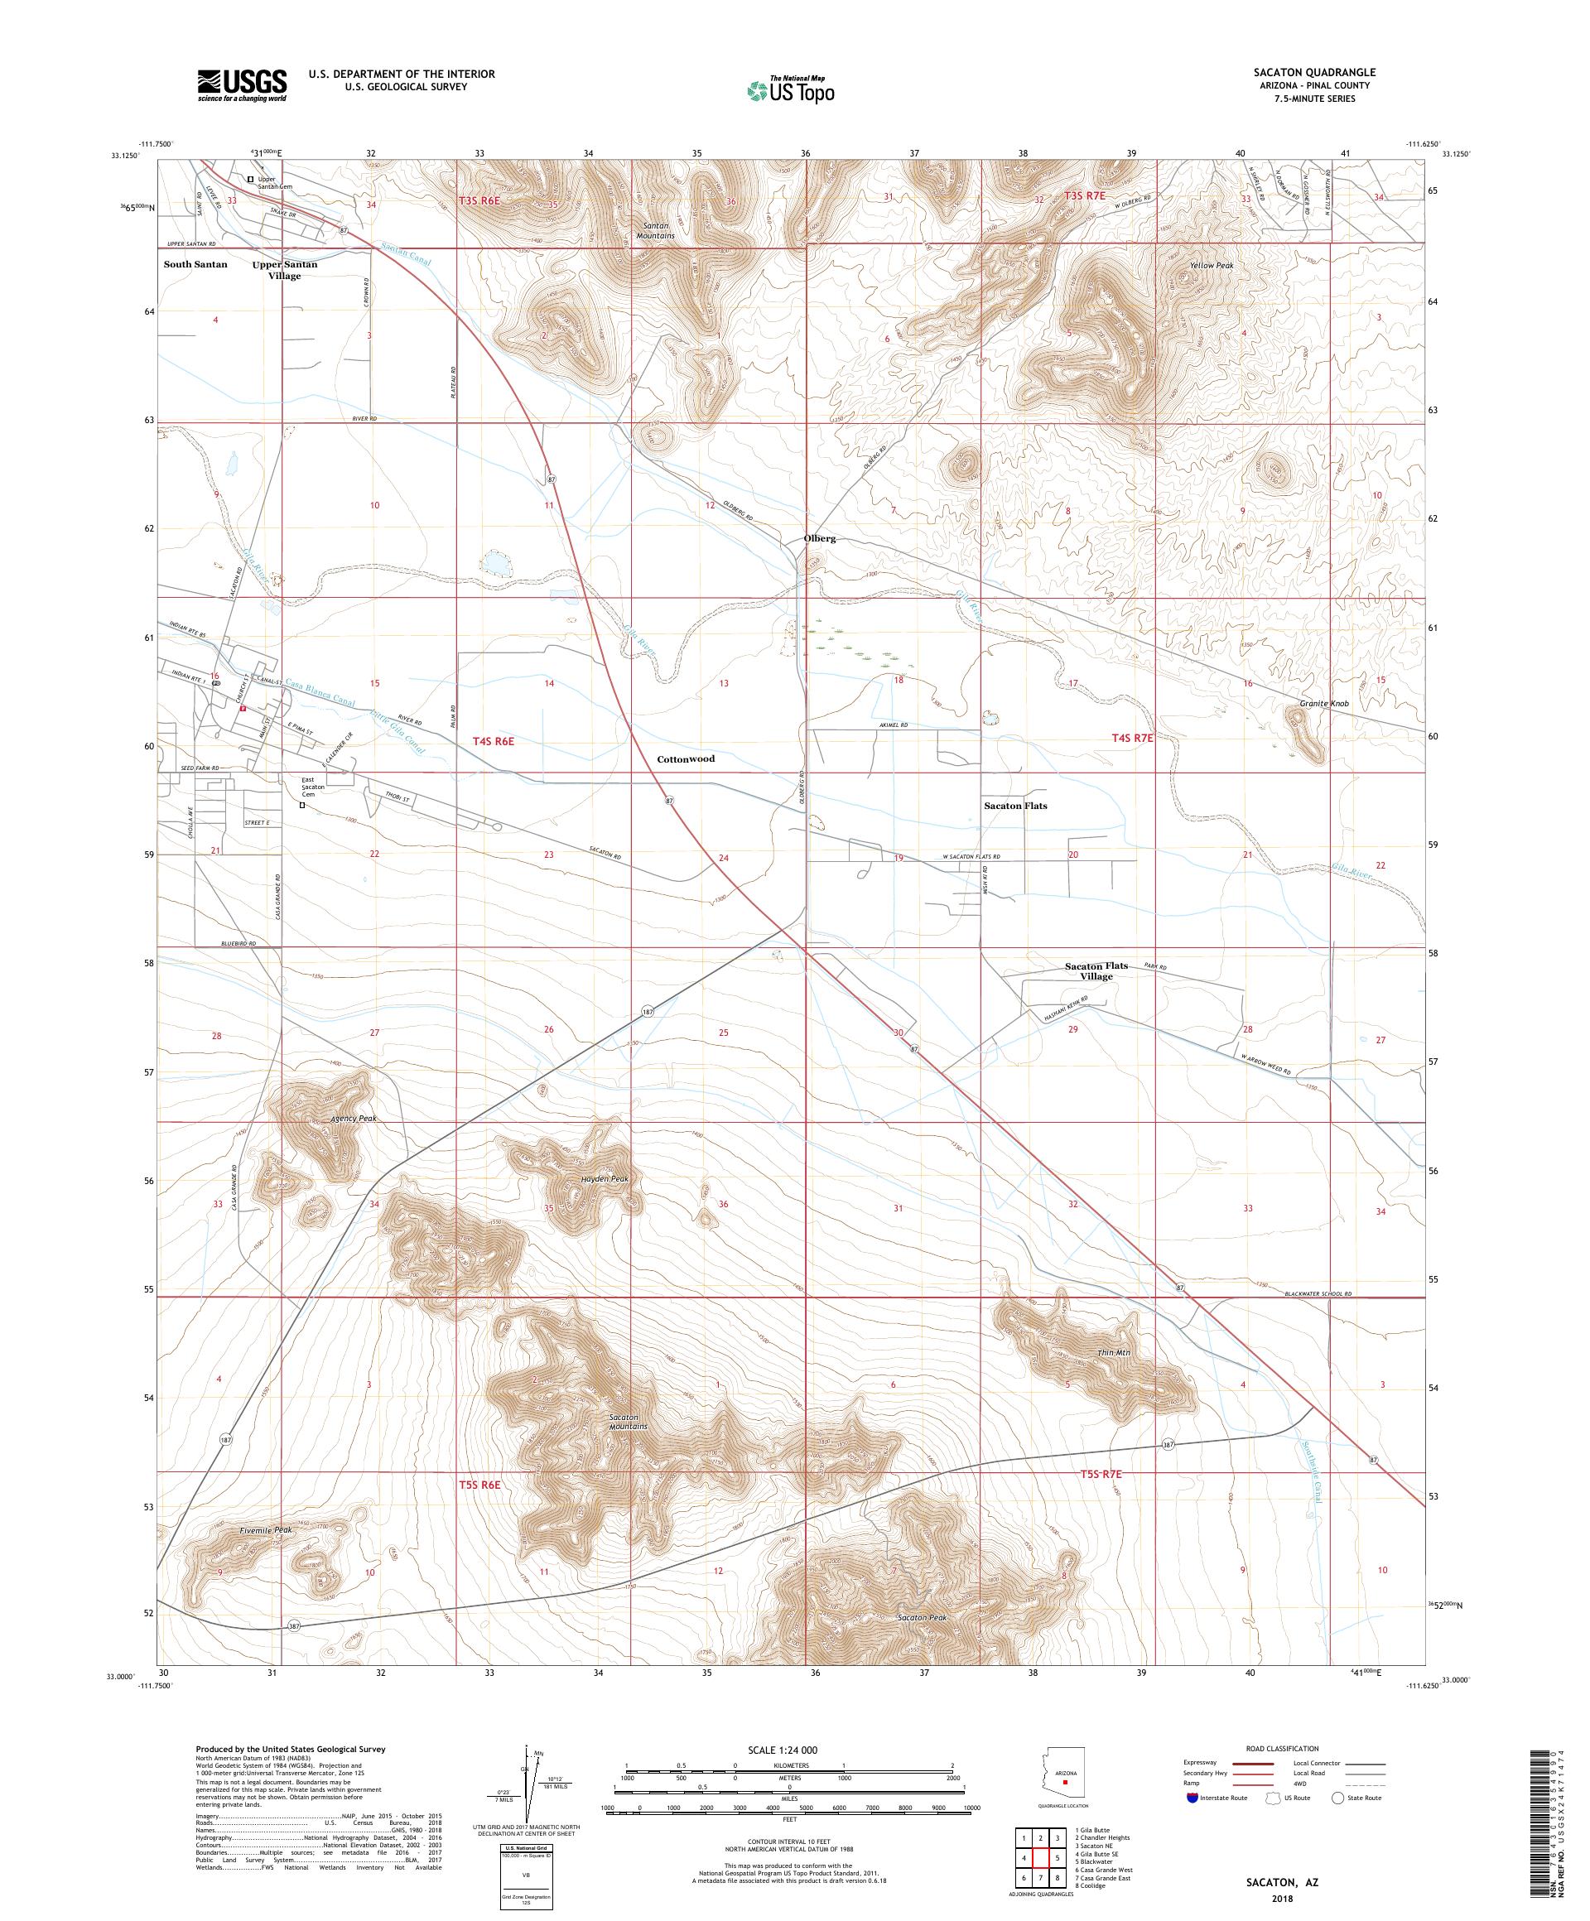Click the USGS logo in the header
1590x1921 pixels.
pyautogui.click(x=242, y=86)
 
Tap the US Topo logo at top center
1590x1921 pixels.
pyautogui.click(x=792, y=89)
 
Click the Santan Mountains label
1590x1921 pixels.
pyautogui.click(x=654, y=230)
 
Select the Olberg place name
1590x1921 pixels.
pyautogui.click(x=819, y=539)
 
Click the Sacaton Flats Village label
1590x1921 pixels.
pyautogui.click(x=1095, y=970)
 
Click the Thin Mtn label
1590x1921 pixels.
pyautogui.click(x=1113, y=1353)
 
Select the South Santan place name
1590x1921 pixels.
pyautogui.click(x=195, y=264)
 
